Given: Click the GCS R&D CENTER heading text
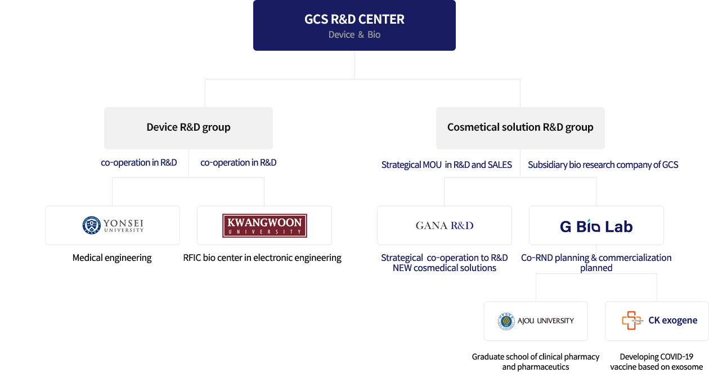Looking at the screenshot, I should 354,19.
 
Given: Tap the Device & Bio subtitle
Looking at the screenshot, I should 354,35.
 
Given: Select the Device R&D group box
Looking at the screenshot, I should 189,127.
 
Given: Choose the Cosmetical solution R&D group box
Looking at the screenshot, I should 520,127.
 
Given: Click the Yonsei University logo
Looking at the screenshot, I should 114,225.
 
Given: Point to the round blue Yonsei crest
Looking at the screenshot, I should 91,225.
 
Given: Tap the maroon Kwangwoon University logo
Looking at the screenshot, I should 264,225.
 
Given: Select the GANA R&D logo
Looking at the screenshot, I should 445,225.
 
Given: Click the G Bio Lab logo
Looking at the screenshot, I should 596,227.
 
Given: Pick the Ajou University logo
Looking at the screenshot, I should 536,321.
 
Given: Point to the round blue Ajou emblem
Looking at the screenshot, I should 506,321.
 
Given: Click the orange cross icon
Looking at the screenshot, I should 631,321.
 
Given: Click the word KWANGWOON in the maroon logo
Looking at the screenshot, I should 264,223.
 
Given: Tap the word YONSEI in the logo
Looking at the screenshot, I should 123,223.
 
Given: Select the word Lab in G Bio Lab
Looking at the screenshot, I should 620,227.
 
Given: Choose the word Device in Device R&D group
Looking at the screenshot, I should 161,127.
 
